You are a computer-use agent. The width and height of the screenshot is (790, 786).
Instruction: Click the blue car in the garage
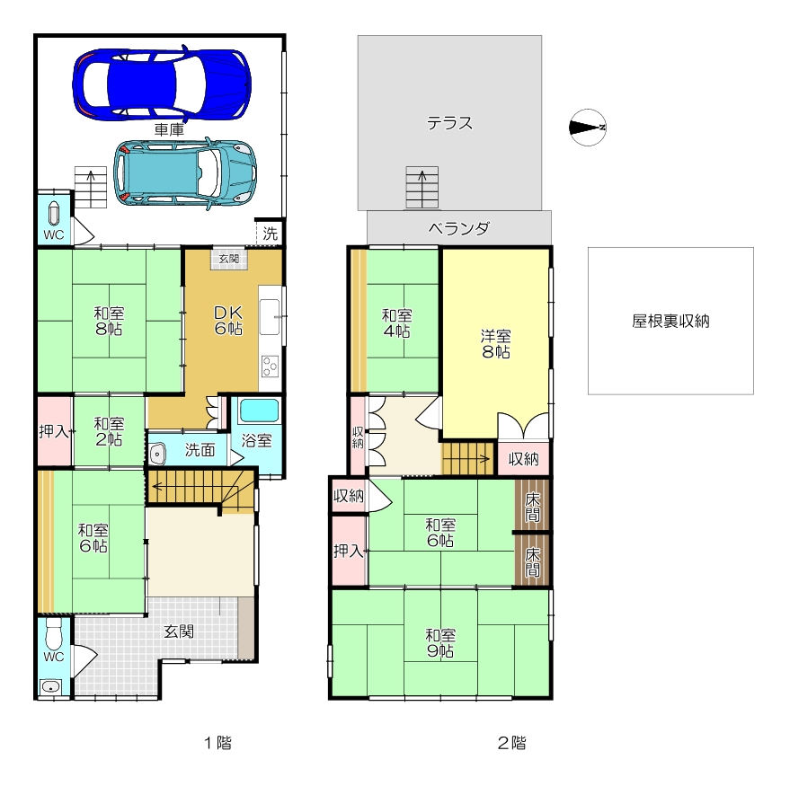(162, 84)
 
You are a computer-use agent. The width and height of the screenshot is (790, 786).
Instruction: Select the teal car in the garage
(185, 173)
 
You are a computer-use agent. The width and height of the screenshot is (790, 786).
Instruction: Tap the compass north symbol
(588, 128)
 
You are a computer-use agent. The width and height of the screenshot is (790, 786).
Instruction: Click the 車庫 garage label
(169, 130)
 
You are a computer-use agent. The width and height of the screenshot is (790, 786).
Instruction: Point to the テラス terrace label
(449, 123)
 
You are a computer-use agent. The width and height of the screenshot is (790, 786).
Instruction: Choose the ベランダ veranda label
(458, 228)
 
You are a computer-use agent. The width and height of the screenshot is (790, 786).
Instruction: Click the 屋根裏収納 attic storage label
(670, 321)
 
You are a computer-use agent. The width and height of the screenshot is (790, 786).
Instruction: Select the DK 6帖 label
(228, 321)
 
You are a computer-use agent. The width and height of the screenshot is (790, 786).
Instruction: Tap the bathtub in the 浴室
(259, 411)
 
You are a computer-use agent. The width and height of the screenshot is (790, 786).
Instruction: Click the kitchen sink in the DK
(269, 317)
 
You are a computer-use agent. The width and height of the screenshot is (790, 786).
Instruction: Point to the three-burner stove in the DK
(270, 367)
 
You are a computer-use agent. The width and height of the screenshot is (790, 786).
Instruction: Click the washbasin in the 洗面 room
(157, 454)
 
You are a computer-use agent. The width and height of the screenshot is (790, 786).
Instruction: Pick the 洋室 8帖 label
(496, 343)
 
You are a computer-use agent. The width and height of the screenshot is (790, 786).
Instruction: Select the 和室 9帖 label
(440, 642)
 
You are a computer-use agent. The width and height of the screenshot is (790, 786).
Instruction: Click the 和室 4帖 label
(396, 323)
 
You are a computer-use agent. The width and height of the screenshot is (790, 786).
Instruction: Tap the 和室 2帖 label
(109, 431)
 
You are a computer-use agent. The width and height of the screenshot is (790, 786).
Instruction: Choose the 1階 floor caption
(217, 743)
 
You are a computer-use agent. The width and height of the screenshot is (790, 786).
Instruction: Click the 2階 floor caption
(511, 743)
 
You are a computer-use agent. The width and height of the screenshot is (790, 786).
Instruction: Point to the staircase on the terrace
(422, 188)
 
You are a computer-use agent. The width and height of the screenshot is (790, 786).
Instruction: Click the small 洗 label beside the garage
(270, 234)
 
